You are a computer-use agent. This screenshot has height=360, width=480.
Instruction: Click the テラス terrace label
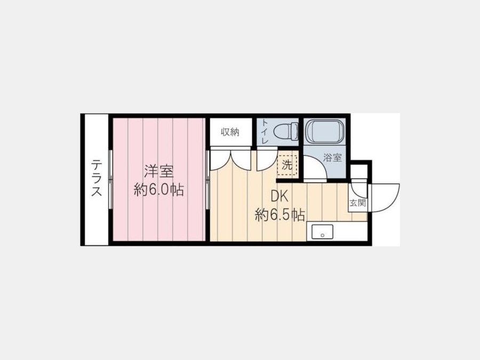96,178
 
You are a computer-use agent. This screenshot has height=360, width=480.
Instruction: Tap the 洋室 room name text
159,171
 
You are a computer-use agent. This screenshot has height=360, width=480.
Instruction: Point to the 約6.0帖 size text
159,190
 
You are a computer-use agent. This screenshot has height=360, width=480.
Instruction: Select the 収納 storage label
230,132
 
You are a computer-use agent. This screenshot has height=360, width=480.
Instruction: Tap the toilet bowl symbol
286,131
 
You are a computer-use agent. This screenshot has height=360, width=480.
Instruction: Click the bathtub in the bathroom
325,131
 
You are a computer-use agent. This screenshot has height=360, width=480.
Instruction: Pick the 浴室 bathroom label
332,158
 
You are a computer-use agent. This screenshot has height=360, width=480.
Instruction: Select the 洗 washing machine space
287,165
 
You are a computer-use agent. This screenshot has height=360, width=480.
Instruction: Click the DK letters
279,196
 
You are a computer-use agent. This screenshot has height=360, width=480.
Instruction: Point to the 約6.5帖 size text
280,215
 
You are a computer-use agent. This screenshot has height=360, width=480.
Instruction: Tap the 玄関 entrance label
357,203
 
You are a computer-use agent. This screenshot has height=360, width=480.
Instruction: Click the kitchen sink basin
322,232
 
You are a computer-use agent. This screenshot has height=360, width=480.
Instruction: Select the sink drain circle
322,235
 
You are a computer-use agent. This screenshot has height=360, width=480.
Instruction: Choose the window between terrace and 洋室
111,180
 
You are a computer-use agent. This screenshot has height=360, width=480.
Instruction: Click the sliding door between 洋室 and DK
207,180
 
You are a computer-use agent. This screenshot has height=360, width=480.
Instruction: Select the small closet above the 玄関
359,171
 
